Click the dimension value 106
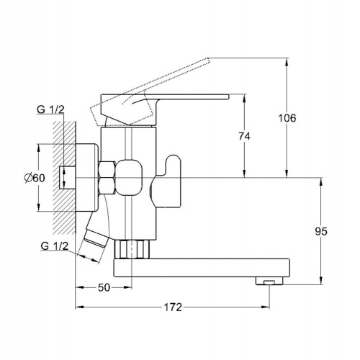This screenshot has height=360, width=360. point(287,118)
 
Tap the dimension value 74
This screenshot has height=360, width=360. point(245,136)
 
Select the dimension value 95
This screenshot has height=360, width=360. point(321,231)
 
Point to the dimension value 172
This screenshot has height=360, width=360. point(173,307)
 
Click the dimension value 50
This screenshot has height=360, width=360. point(104,287)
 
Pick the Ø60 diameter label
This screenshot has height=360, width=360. point(35,178)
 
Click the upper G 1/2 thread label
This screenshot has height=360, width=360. point(50,109)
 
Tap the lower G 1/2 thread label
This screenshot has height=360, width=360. point(55,246)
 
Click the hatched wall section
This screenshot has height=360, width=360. point(64,178)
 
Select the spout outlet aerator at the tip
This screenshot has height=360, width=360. point(269,281)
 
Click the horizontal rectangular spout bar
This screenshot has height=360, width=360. point(202,268)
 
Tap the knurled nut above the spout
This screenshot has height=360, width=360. point(132,249)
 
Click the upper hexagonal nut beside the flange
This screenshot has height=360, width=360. point(107,169)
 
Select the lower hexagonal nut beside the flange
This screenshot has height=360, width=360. point(107,186)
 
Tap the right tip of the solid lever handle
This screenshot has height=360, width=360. point(229,96)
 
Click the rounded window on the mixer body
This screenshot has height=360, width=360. point(129,177)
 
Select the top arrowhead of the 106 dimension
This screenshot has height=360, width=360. point(287,61)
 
